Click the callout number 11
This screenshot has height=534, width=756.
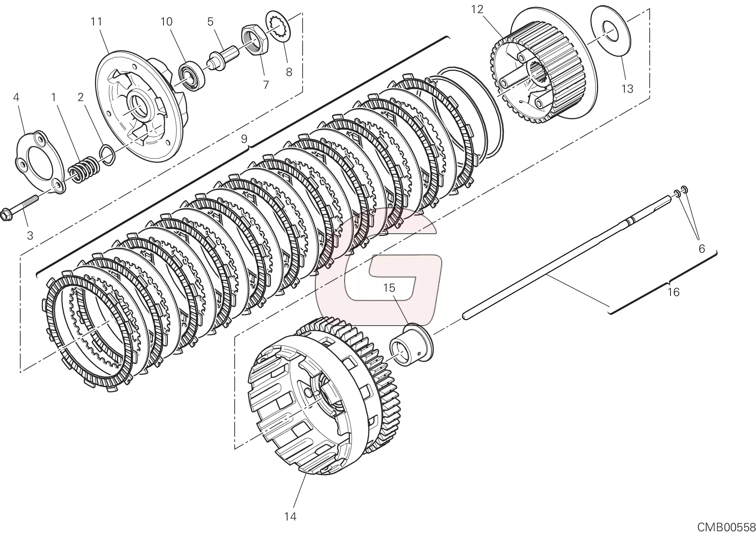[x=96, y=21]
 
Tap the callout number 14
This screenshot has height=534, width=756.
[x=291, y=517]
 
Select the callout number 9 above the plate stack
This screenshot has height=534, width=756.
[x=244, y=139]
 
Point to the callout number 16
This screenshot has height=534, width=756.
[x=673, y=292]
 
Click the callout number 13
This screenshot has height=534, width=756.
[x=627, y=89]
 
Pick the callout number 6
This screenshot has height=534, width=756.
[x=702, y=249]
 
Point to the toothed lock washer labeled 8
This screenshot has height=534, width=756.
[x=279, y=25]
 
